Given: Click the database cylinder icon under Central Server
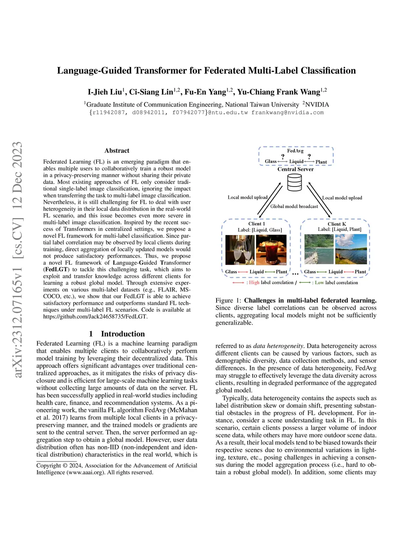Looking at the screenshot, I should click(x=295, y=183).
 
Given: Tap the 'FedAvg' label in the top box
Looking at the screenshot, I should click(x=295, y=151).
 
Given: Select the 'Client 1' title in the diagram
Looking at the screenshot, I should click(x=257, y=224).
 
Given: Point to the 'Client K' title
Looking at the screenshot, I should click(x=337, y=224).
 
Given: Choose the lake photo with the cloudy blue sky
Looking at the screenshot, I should click(x=351, y=249).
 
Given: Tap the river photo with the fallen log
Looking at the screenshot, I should click(x=319, y=249).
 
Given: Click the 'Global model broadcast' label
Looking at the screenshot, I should click(x=294, y=206).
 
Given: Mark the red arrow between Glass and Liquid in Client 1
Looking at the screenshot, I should click(x=243, y=272).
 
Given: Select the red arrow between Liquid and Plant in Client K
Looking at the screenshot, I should click(x=348, y=272).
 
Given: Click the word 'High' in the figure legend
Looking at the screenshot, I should click(x=254, y=283).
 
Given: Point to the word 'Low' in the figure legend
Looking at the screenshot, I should click(x=319, y=283).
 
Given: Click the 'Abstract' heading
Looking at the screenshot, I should click(x=117, y=151).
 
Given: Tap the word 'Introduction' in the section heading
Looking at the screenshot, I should click(x=123, y=334).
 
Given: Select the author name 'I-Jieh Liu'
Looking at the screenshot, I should click(x=105, y=92).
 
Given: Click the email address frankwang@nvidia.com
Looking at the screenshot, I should click(x=288, y=113).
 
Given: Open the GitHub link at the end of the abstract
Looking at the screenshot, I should click(x=95, y=317).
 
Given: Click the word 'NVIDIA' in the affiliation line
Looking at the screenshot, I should click(x=317, y=105).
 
